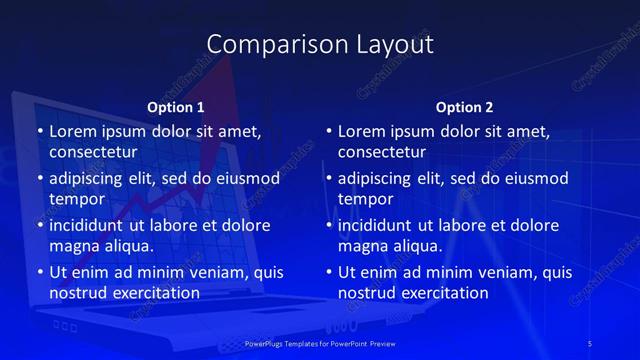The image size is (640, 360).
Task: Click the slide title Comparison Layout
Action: [320, 45]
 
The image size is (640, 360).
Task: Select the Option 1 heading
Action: [176, 107]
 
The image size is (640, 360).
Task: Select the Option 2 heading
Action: [465, 107]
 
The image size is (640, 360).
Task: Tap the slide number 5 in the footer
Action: [590, 343]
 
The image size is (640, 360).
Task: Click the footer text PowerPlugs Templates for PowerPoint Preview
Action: [320, 343]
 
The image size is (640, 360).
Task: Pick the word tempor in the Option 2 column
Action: [362, 199]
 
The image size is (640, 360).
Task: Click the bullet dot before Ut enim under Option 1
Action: [40, 273]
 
